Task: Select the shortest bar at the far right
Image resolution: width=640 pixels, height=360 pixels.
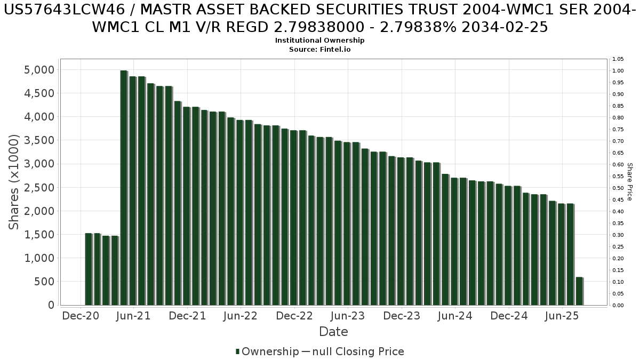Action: coord(579,291)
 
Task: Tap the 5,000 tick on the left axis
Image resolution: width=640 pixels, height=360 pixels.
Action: coord(39,70)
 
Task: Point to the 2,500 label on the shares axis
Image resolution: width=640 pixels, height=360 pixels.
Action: coord(39,188)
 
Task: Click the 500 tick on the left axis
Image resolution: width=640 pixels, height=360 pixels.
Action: coord(44,282)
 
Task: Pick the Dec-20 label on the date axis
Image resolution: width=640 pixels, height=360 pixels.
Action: coord(81,316)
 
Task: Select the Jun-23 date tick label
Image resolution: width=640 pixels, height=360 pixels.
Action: coord(348,316)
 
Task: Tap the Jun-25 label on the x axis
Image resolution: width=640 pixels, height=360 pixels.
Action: coord(562,316)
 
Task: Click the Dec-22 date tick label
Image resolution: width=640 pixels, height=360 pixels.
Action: coord(294,316)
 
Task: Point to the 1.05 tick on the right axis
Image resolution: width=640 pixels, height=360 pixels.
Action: coord(618,59)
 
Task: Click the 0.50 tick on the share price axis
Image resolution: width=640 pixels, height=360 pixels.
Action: coord(618,188)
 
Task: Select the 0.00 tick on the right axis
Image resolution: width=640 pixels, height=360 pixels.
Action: coord(618,306)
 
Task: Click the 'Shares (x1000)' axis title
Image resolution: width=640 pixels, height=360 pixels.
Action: coord(14,182)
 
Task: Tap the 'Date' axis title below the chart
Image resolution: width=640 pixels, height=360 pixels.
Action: coord(333,332)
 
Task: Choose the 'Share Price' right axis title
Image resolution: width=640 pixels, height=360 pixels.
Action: coord(629,182)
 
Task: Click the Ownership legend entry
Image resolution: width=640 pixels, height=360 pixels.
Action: coord(267,351)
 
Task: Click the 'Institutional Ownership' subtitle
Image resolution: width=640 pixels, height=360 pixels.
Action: coord(320,41)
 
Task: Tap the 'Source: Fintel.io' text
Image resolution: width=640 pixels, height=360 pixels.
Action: coord(320,49)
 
